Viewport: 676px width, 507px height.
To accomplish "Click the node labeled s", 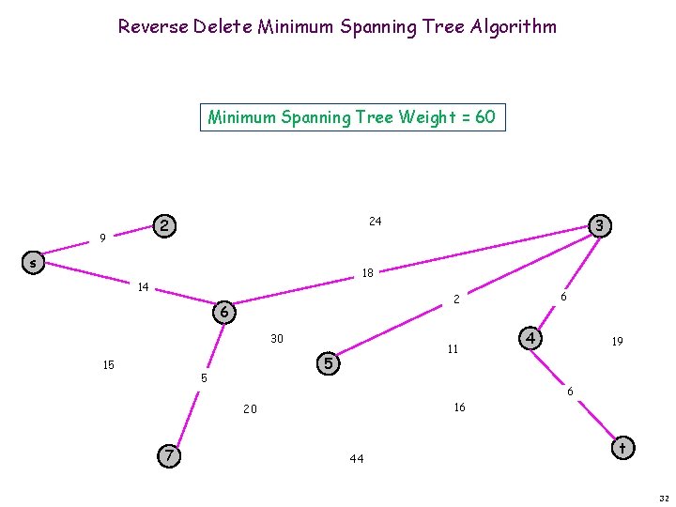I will pos(33,264).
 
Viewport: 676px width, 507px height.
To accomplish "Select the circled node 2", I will pos(164,226).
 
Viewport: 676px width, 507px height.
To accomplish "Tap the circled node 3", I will pos(598,225).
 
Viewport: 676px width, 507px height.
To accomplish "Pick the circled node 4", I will pos(530,337).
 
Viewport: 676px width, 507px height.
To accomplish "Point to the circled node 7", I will pos(168,455).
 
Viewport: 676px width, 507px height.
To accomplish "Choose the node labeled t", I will pos(622,448).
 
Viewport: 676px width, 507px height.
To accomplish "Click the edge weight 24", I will pos(375,222).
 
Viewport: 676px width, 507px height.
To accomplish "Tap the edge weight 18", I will pos(367,273).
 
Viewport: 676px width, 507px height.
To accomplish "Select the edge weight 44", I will pos(356,459).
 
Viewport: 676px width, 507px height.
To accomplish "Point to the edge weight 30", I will pos(277,339).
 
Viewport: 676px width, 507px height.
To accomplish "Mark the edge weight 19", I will pos(617,343).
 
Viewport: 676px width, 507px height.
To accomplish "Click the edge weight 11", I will pos(453,349).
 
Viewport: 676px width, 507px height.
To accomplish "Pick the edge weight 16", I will pos(459,407).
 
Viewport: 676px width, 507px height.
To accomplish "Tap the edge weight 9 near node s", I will pos(101,238).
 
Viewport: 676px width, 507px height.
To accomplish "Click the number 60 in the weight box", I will pos(485,117).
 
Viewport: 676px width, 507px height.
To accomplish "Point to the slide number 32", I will pos(663,498).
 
